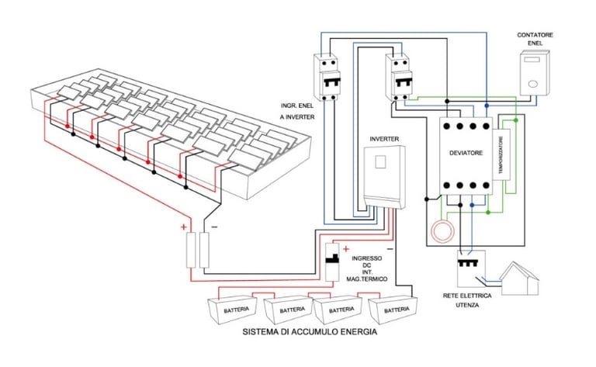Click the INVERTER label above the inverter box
tap(384, 139)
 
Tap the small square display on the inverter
tap(380, 162)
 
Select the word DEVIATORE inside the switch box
tap(466, 153)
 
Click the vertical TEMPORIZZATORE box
tap(501, 154)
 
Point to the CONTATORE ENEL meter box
tap(535, 74)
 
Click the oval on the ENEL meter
tap(533, 84)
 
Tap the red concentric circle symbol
tap(442, 232)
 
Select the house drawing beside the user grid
tap(520, 279)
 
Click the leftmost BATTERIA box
tap(232, 310)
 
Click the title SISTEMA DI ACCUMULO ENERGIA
tap(310, 331)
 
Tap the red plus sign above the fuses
tap(184, 227)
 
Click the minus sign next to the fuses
tap(214, 227)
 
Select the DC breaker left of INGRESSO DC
tap(332, 262)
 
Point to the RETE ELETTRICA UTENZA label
tap(467, 300)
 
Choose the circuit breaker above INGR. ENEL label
tap(327, 78)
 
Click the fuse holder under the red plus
tap(191, 251)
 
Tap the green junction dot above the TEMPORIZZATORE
tap(516, 120)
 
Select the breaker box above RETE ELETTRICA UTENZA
tap(471, 268)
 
